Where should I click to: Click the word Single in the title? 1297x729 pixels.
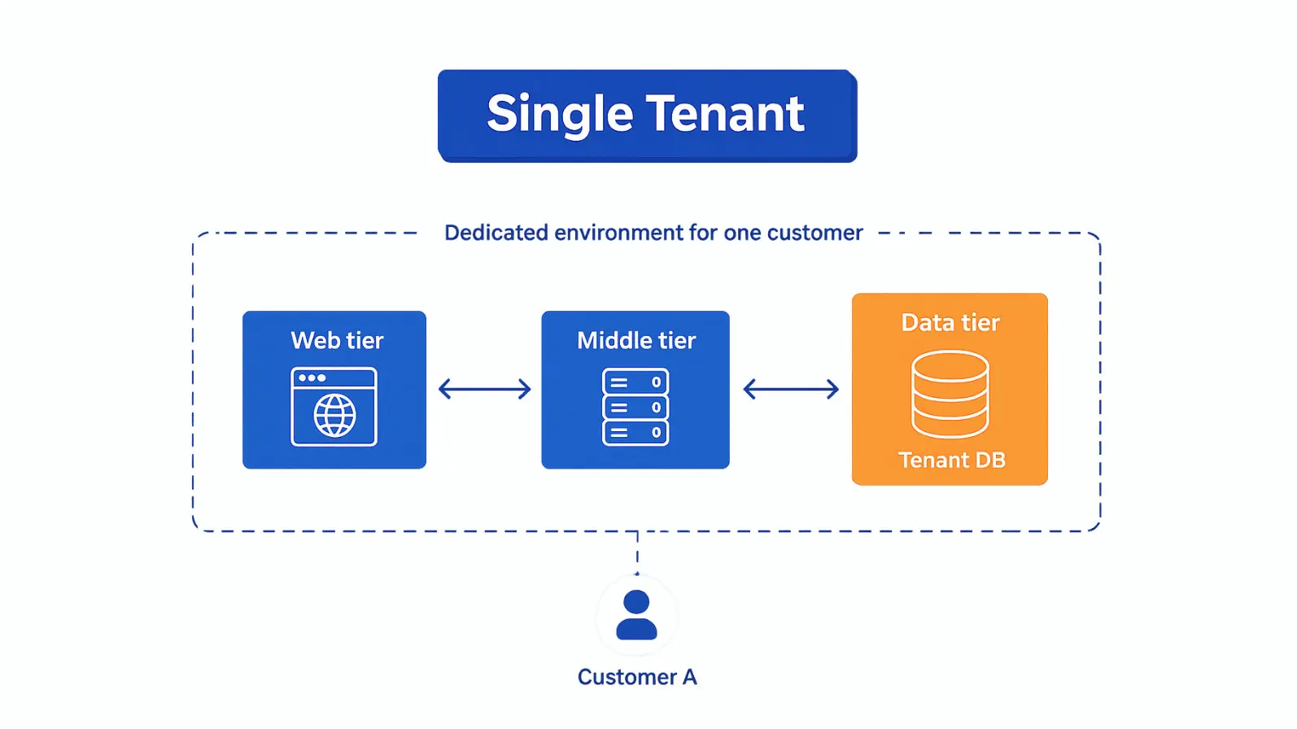[560, 115]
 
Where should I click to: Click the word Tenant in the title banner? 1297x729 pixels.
[726, 113]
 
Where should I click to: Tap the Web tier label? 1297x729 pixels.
[337, 340]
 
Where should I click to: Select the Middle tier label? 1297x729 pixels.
[636, 340]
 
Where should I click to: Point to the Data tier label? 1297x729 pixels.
[950, 323]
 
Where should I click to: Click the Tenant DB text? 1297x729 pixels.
[952, 461]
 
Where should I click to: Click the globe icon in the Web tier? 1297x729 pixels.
[334, 415]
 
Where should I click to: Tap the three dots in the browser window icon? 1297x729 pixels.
[312, 378]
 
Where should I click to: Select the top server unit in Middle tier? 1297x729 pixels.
[635, 382]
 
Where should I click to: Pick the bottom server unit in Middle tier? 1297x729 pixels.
[635, 433]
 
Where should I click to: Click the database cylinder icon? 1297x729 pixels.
[950, 395]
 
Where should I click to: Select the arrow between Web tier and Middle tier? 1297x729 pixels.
[485, 389]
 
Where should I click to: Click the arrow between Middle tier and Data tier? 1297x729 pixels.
[791, 389]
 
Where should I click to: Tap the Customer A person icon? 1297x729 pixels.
[636, 615]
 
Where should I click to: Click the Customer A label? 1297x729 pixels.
[637, 677]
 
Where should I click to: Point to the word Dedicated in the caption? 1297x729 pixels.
[496, 233]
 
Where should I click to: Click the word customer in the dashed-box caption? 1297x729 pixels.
[814, 234]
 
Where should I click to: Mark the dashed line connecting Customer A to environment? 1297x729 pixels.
[637, 553]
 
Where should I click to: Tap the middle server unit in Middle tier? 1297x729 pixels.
[635, 408]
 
